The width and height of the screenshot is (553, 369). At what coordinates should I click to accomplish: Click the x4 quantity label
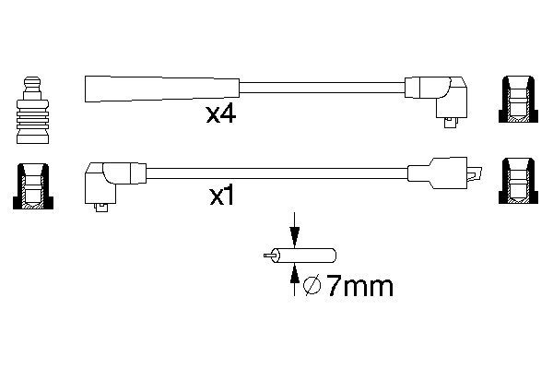tap(221, 114)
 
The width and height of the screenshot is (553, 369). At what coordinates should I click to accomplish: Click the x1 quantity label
tap(222, 196)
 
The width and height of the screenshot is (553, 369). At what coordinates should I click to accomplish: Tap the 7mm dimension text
tap(359, 286)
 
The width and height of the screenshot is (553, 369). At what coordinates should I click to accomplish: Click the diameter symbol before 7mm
tap(312, 285)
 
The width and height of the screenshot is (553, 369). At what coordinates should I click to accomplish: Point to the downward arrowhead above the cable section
tap(294, 236)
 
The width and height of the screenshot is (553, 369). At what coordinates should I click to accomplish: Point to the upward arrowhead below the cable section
tap(294, 274)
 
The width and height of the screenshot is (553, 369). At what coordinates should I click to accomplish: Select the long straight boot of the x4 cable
tap(162, 89)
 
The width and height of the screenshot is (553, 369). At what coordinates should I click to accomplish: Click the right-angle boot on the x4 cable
tap(436, 97)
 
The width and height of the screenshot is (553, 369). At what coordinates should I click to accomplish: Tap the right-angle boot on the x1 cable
tap(115, 183)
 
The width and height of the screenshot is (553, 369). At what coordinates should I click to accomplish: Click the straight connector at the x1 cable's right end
tap(444, 173)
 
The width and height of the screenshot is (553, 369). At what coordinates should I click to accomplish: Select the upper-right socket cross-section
tap(518, 100)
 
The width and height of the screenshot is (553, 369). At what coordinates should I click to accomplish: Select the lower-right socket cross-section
tap(518, 181)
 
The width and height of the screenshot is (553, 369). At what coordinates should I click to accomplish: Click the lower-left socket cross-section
tap(33, 186)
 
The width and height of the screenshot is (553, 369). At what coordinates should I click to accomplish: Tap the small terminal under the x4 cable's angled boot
tap(451, 122)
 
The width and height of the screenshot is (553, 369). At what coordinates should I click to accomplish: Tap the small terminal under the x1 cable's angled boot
tap(102, 208)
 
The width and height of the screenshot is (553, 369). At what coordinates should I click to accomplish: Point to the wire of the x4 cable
tap(322, 88)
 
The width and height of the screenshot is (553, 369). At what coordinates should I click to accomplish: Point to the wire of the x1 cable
tap(276, 173)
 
